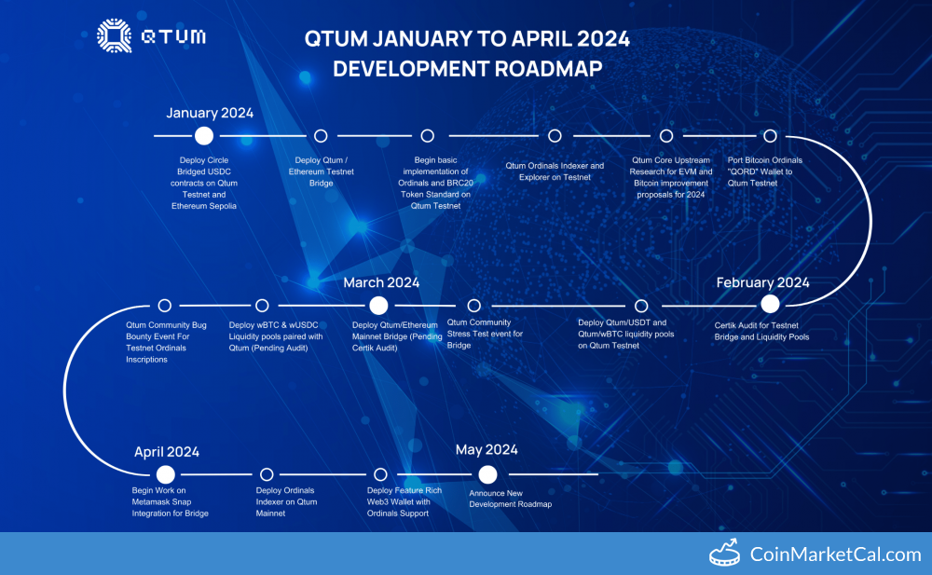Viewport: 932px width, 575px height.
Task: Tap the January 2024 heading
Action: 210,113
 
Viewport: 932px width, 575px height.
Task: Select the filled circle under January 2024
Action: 204,136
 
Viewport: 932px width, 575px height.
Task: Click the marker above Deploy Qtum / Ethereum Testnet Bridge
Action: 321,136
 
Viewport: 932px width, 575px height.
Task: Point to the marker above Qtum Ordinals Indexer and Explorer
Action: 555,136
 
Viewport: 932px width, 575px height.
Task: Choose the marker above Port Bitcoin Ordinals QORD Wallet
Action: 770,136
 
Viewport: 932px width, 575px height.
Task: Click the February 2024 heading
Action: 762,282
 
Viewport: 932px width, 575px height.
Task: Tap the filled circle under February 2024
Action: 770,305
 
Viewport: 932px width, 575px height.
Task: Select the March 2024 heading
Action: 381,282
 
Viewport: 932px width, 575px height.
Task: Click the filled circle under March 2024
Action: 378,305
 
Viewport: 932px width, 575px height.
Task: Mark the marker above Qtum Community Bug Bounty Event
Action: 165,305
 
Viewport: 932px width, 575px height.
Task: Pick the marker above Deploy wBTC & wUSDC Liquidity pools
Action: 262,305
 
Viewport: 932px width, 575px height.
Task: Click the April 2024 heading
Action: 167,452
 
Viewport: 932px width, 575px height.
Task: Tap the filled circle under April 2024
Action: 166,474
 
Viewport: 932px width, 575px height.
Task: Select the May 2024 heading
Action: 487,450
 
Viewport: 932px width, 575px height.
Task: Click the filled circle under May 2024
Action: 487,474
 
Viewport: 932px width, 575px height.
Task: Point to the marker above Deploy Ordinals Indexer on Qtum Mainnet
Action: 267,474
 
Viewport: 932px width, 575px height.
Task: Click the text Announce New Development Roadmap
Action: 510,499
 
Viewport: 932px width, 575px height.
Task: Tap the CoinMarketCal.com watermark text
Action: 835,554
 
